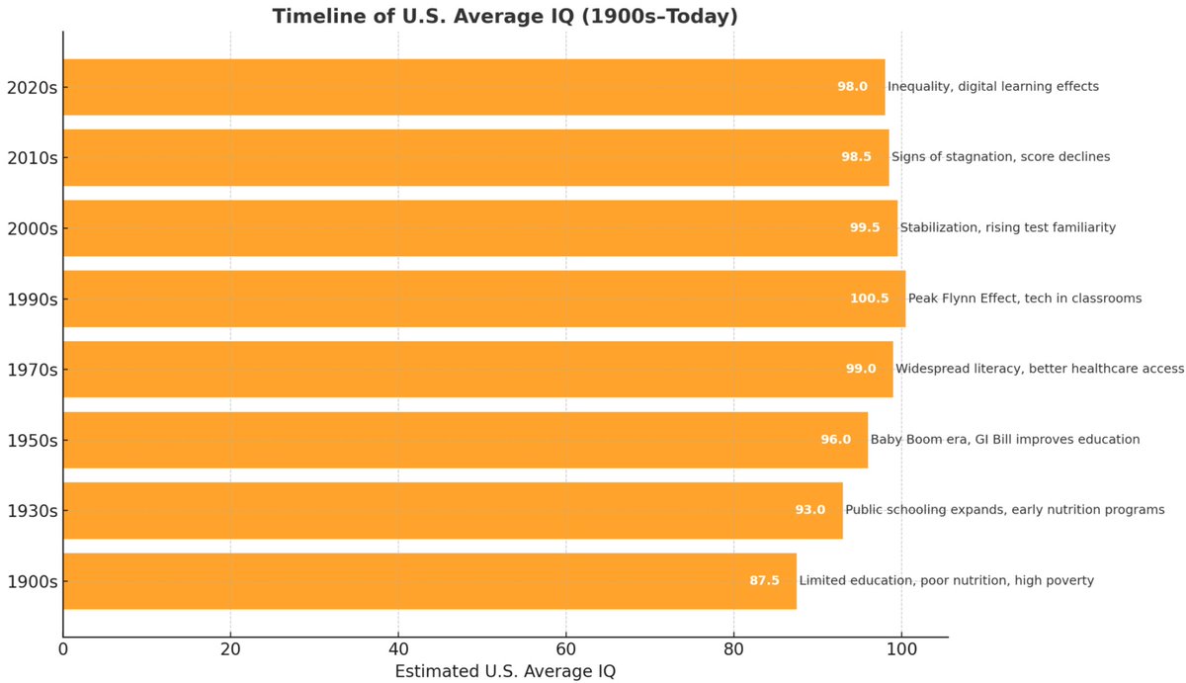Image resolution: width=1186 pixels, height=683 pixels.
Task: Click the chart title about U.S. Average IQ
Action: (x=505, y=16)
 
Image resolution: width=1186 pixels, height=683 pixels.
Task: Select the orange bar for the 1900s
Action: (x=430, y=581)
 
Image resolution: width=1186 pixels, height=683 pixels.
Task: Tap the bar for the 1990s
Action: (x=484, y=299)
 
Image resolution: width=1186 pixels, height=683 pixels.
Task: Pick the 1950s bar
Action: (x=466, y=440)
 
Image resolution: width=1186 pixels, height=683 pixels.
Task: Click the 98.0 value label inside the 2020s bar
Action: (x=852, y=86)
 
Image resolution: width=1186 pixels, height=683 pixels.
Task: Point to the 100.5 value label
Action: (x=870, y=299)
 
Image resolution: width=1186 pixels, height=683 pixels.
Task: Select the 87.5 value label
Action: (x=765, y=580)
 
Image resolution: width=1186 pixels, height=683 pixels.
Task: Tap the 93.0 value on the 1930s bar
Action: (x=810, y=509)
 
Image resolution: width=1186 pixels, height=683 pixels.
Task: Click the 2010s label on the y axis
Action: (x=33, y=158)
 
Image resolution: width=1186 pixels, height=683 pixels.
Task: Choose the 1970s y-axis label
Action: (x=33, y=370)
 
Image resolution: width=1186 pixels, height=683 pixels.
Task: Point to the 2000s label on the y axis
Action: (x=33, y=228)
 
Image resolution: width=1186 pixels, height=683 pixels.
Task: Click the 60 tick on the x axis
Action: (x=566, y=649)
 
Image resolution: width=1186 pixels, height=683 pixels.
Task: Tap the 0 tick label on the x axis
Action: (x=63, y=649)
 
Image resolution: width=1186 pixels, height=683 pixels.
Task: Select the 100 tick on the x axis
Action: (x=901, y=649)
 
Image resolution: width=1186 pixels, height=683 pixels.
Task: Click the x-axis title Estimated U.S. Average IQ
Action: (x=505, y=671)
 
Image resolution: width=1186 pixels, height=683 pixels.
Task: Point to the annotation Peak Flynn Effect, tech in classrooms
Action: (x=1025, y=299)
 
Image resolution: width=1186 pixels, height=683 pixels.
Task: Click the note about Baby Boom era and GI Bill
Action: (x=1005, y=440)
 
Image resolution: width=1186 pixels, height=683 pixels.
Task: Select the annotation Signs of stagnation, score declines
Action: (x=1000, y=157)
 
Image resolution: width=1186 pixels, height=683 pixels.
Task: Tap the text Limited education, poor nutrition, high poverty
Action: (x=947, y=580)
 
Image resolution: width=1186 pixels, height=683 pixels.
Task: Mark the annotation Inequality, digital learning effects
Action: (x=993, y=86)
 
